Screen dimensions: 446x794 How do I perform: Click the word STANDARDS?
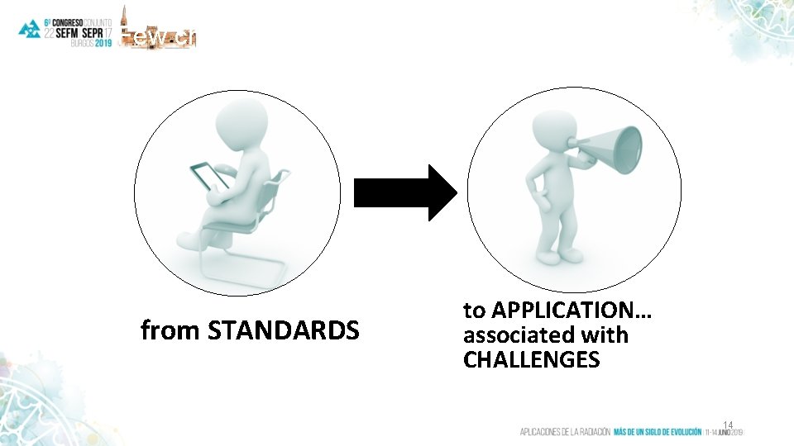(x=284, y=331)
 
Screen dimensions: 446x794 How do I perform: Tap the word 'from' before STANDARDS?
(x=170, y=331)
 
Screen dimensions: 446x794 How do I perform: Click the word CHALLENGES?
(x=531, y=360)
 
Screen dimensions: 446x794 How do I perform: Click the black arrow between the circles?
(x=404, y=192)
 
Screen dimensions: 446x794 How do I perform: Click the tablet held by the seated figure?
(x=211, y=176)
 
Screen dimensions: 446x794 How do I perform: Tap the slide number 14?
(x=727, y=424)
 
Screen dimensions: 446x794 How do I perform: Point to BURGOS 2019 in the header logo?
(x=91, y=44)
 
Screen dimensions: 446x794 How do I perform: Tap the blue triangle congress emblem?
(x=30, y=29)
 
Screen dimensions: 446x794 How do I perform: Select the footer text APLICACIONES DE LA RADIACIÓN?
(x=565, y=431)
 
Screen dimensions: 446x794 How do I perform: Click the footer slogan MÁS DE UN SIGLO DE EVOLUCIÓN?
(x=657, y=431)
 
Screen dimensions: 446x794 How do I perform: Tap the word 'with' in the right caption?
(x=605, y=335)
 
